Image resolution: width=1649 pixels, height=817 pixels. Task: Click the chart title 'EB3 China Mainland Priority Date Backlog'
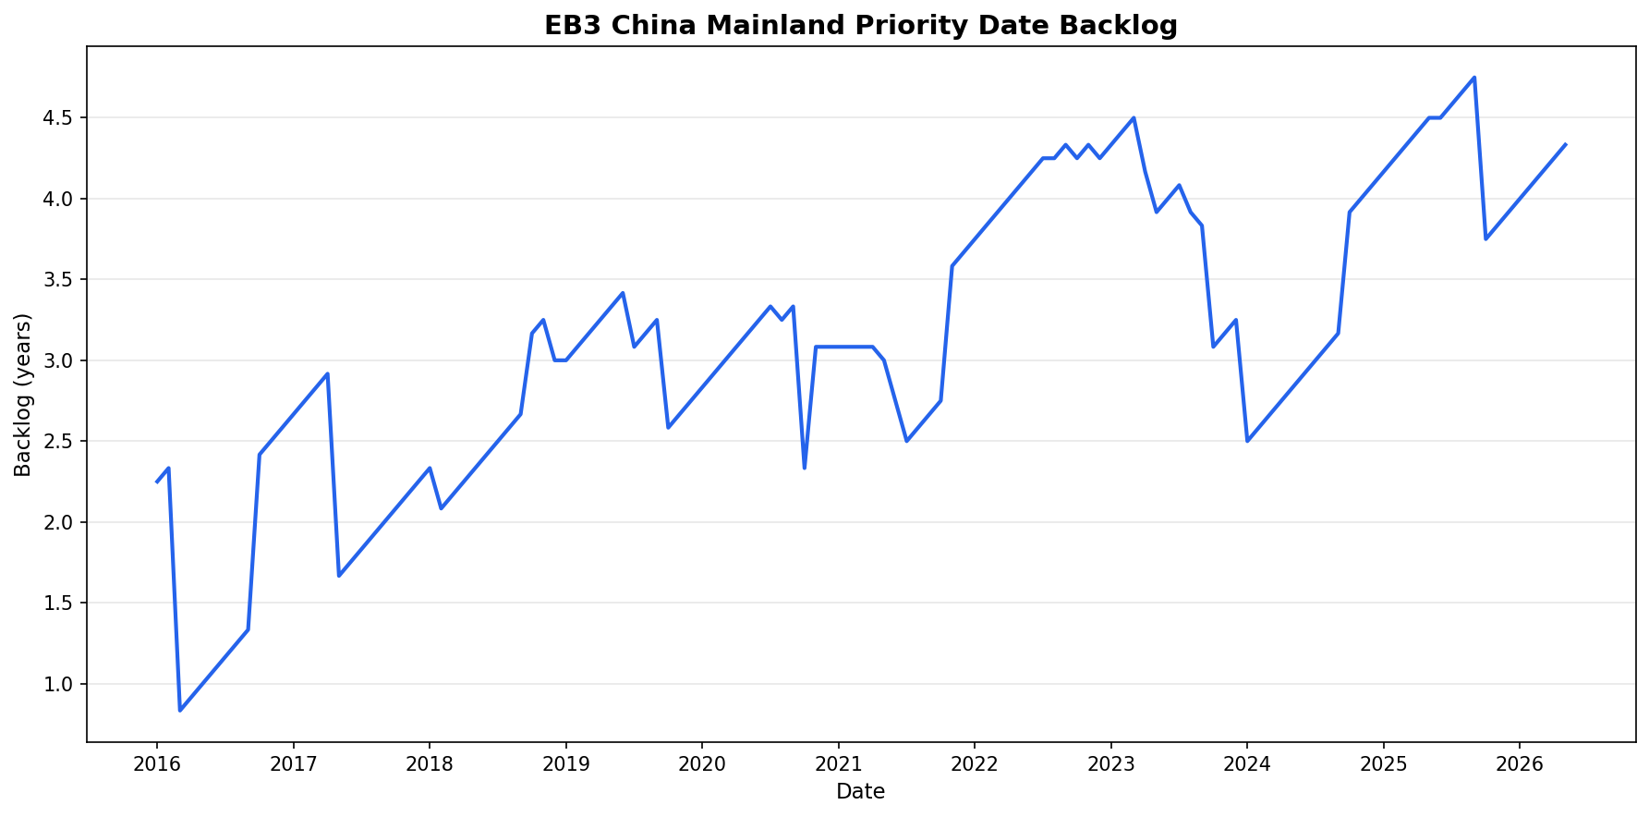(860, 25)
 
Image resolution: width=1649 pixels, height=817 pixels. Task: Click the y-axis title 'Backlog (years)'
(23, 395)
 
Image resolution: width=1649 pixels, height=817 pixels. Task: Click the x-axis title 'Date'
(860, 792)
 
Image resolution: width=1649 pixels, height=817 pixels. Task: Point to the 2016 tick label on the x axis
(156, 764)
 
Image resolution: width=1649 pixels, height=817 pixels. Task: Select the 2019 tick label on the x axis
(565, 764)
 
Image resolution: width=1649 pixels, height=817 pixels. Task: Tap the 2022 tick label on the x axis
(974, 764)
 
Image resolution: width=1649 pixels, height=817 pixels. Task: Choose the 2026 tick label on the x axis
(1520, 764)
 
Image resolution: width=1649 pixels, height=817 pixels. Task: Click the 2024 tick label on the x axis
(1246, 764)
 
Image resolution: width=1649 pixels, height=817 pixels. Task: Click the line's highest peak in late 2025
(1474, 78)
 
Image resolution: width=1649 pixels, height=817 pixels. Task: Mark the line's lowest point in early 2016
(180, 711)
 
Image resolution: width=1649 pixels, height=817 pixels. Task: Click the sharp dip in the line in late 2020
(805, 468)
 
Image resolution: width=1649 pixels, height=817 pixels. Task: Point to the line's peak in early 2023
(1134, 117)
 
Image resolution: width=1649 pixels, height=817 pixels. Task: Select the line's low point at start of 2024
(1247, 441)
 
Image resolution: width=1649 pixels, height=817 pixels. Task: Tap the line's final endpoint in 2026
(1565, 144)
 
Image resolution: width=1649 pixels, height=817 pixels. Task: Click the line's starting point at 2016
(156, 482)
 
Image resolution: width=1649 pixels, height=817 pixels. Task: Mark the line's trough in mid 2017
(339, 576)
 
